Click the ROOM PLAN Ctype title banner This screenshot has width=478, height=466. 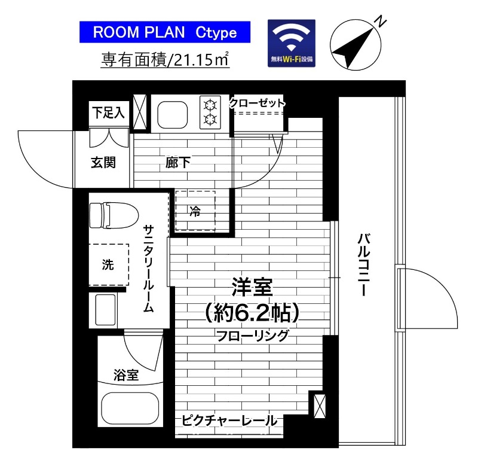(165, 32)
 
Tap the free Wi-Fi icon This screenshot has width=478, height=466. (291, 43)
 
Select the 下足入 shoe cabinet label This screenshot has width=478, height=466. (109, 112)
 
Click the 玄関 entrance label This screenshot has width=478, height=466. (103, 162)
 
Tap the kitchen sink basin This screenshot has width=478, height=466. (174, 114)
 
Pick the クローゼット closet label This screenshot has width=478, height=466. (258, 103)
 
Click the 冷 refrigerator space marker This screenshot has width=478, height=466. (195, 211)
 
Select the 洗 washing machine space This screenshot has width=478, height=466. (108, 264)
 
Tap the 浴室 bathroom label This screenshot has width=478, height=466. (126, 376)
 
